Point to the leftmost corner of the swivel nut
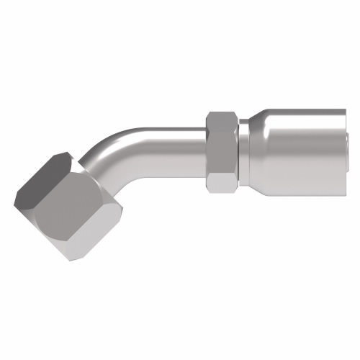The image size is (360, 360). click(x=17, y=193)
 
